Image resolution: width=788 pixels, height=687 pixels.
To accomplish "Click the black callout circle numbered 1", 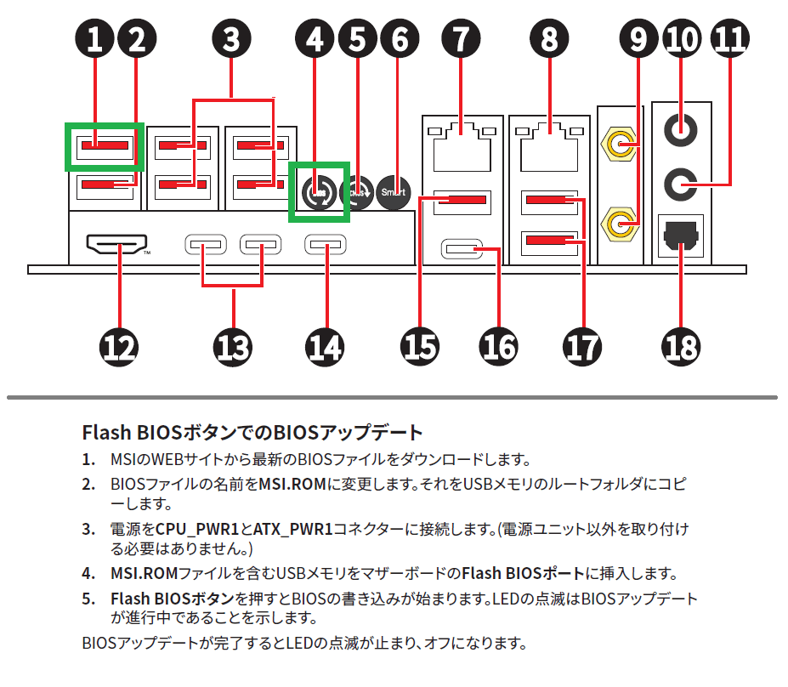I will point(94,38).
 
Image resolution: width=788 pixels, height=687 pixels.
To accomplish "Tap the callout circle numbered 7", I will point(461,38).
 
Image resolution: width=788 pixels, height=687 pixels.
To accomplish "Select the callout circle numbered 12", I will point(118,346).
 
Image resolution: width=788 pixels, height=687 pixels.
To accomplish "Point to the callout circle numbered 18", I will point(681,346).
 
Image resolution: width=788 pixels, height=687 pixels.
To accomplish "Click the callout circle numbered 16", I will point(498,346).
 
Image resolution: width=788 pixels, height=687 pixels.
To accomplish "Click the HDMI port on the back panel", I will point(117,247).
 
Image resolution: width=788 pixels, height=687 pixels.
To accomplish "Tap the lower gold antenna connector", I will point(621,224).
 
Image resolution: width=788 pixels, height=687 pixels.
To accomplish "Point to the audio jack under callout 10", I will point(681,129).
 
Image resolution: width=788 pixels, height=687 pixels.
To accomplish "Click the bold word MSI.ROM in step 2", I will point(290,485).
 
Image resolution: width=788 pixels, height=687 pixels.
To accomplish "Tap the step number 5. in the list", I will point(88,599).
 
